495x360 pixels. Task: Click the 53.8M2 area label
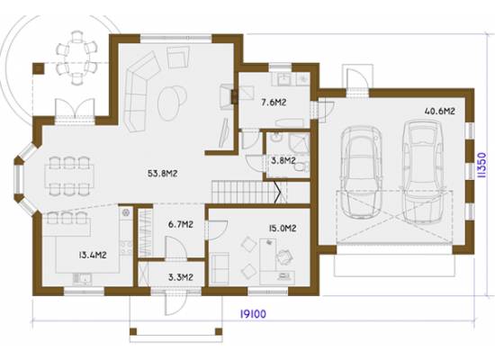162,174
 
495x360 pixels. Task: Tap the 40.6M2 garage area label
440,112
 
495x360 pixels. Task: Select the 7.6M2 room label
274,103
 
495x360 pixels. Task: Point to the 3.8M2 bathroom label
283,161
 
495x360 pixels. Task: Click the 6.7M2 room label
181,224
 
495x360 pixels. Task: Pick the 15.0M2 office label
283,228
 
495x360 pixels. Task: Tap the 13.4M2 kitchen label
93,255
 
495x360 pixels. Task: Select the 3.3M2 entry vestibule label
181,277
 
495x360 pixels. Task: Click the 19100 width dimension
253,314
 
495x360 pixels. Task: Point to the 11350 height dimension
481,166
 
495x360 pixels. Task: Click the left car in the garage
361,173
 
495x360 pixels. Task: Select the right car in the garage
422,171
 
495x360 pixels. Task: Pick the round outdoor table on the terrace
76,59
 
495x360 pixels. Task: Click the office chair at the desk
284,256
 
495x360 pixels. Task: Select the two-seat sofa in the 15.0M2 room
220,268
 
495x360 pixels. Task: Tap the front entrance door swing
175,303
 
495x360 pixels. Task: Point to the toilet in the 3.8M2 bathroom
302,166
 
